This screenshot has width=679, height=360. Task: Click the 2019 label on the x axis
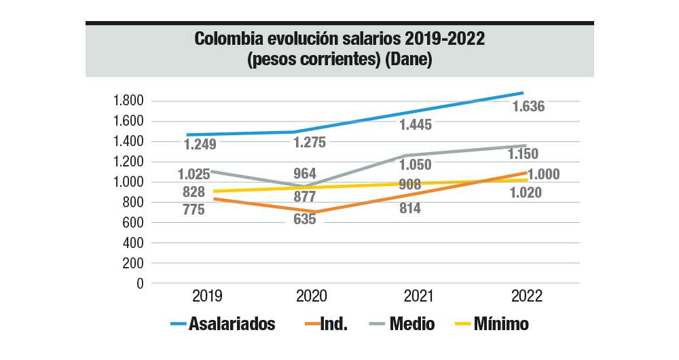[x=208, y=297]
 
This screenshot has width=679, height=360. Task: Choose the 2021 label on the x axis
[x=419, y=297]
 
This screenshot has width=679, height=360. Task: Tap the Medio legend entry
[x=412, y=324]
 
